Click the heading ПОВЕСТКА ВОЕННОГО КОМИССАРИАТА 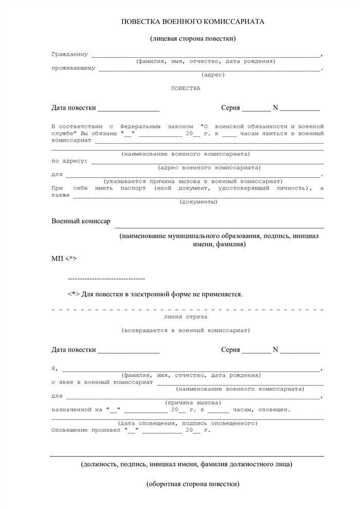point(193,22)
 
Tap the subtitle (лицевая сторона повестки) point(193,39)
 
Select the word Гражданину point(70,54)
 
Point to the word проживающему point(73,68)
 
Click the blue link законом point(181,126)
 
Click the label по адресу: point(69,161)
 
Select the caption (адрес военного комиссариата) point(209,167)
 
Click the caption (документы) point(198,202)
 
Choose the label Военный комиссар point(81,221)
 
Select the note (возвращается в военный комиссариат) point(186,330)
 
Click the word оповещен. point(275,410)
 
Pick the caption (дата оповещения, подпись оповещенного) point(188,423)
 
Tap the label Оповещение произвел point(86,430)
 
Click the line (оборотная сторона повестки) point(193,484)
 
